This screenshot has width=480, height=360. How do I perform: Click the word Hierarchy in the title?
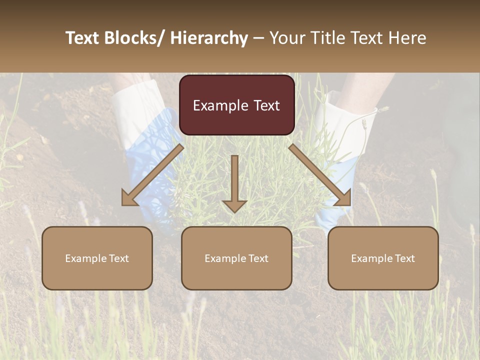click(209, 38)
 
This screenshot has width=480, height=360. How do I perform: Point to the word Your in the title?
click(286, 38)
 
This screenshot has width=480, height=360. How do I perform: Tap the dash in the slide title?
click(258, 38)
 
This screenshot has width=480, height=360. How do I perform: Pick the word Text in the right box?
click(404, 258)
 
